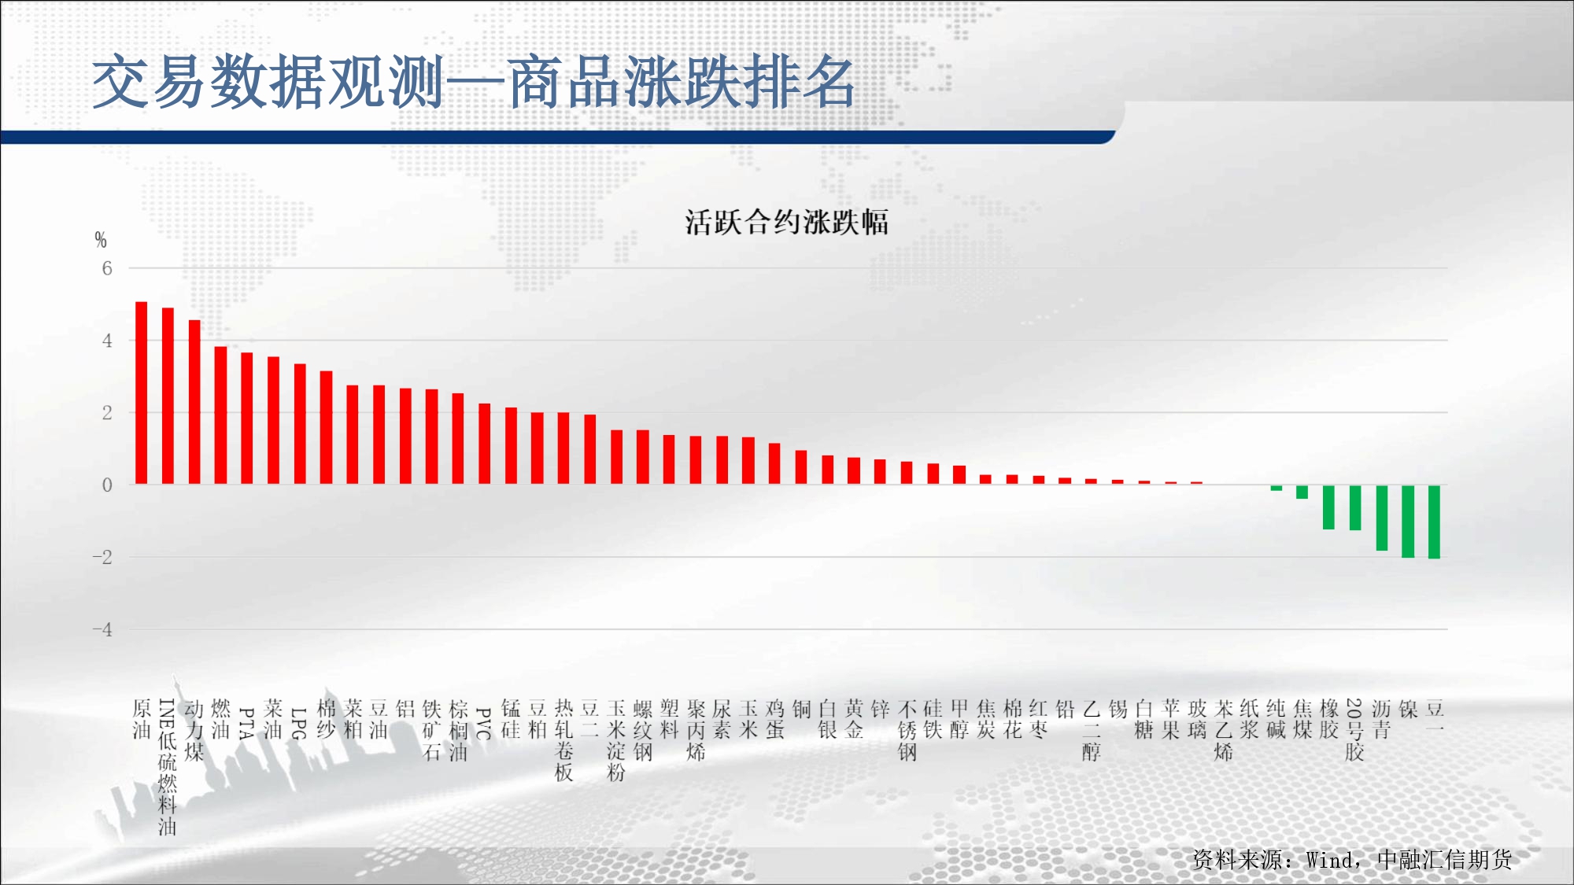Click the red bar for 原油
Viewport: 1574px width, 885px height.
[142, 393]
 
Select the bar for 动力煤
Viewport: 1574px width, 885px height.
[194, 402]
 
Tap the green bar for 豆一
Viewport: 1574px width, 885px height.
[1435, 522]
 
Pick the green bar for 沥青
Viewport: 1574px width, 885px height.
[1382, 518]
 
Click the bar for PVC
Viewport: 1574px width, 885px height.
[485, 444]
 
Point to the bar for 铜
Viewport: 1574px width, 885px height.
[801, 467]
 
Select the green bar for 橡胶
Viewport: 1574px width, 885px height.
[1329, 507]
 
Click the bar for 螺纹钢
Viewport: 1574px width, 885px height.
[643, 457]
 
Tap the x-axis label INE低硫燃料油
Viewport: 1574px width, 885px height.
[168, 768]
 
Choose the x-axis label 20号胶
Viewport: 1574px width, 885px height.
[1354, 730]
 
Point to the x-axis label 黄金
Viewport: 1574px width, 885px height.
[854, 720]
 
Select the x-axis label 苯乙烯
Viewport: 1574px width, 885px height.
[1224, 730]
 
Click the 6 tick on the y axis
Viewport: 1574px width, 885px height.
[107, 268]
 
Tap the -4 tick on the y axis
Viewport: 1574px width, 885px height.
[102, 629]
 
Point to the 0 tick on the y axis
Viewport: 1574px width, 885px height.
[107, 485]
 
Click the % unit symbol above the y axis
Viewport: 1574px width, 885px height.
[101, 240]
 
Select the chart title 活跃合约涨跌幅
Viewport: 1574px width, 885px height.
[787, 222]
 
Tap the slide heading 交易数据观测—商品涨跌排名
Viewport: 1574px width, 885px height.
[474, 82]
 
